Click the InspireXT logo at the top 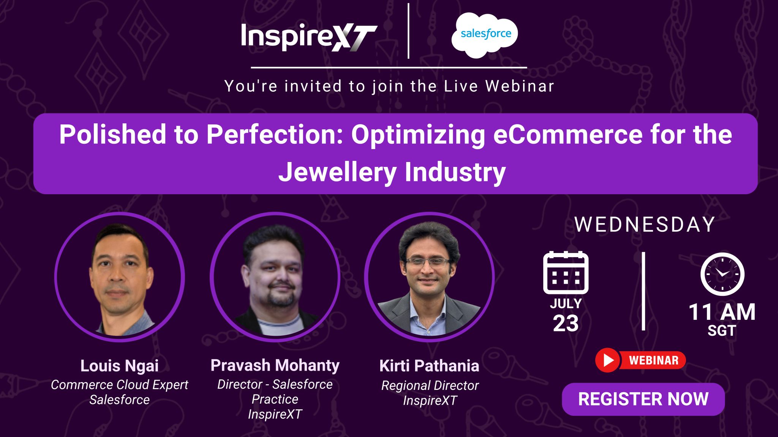pyautogui.click(x=309, y=37)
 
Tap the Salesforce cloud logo pyautogui.click(x=484, y=35)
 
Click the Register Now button pyautogui.click(x=643, y=399)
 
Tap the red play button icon pyautogui.click(x=607, y=360)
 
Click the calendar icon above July pyautogui.click(x=566, y=272)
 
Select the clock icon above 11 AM pyautogui.click(x=722, y=274)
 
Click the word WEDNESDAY pyautogui.click(x=645, y=225)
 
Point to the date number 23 pyautogui.click(x=566, y=323)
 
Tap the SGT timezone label pyautogui.click(x=722, y=331)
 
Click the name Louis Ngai pyautogui.click(x=119, y=366)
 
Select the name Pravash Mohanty pyautogui.click(x=275, y=365)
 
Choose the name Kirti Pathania pyautogui.click(x=429, y=366)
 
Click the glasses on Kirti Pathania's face pyautogui.click(x=429, y=262)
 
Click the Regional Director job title pyautogui.click(x=430, y=385)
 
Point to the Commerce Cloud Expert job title pyautogui.click(x=119, y=385)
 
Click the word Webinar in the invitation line pyautogui.click(x=520, y=86)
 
